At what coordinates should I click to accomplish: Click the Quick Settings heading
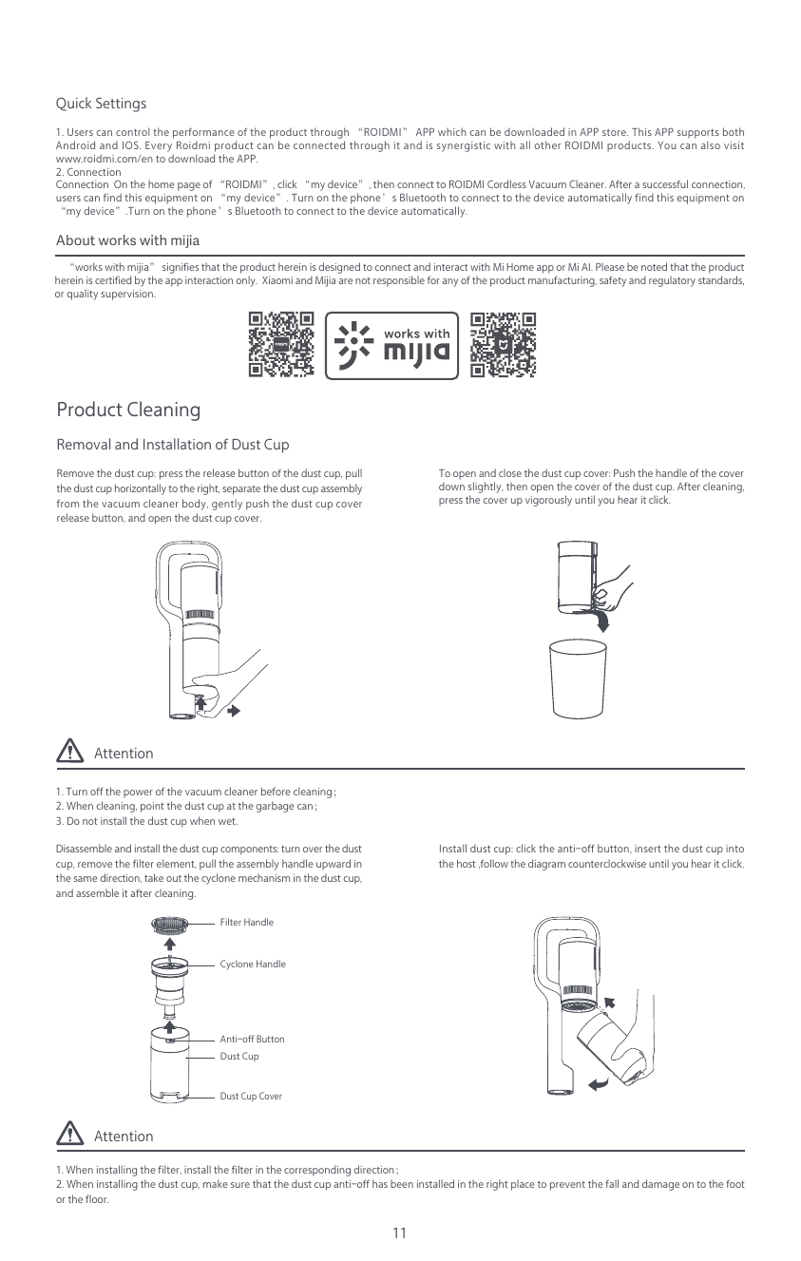click(x=101, y=103)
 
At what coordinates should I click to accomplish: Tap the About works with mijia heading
click(x=127, y=239)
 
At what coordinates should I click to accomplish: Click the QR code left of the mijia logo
click(x=280, y=344)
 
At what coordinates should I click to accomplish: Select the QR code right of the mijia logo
click(x=504, y=344)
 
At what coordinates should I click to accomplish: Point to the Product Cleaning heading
click(x=128, y=410)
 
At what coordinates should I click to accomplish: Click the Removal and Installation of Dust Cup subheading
click(x=173, y=445)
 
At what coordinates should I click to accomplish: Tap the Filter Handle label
click(x=246, y=923)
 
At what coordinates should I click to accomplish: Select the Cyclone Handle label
click(x=252, y=965)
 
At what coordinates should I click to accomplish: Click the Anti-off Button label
click(x=252, y=1040)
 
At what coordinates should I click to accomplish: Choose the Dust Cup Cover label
click(x=251, y=1097)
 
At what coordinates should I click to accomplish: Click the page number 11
click(x=399, y=1233)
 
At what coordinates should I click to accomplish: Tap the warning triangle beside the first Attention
click(x=69, y=752)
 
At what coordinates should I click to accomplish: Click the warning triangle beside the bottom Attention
click(x=69, y=1135)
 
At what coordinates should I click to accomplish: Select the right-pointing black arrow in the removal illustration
click(x=232, y=710)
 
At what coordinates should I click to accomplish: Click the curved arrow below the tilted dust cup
click(x=598, y=1083)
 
